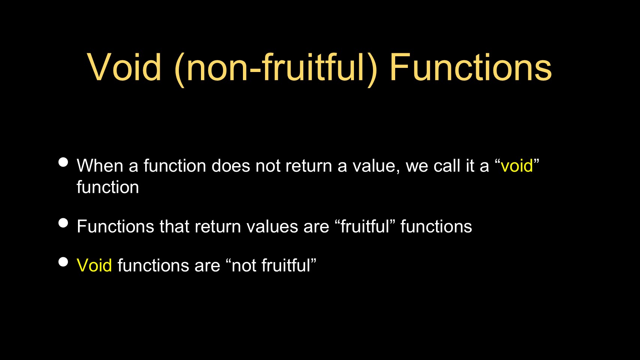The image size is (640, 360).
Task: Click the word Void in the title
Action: click(124, 67)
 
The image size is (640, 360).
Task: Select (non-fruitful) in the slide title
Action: click(276, 69)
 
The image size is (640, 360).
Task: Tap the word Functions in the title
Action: click(471, 67)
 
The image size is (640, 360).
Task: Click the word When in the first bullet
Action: click(100, 165)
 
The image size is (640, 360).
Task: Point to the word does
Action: click(231, 165)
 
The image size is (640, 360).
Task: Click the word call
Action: click(447, 165)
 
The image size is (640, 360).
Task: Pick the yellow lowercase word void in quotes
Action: click(517, 166)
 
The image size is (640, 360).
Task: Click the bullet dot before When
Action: click(63, 162)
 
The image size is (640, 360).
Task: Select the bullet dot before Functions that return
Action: click(63, 223)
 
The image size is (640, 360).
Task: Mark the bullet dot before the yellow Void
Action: click(63, 262)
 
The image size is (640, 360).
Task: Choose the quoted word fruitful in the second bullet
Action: click(365, 226)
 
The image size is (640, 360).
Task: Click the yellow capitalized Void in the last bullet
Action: click(94, 265)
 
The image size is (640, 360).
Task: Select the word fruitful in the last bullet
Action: click(286, 265)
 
